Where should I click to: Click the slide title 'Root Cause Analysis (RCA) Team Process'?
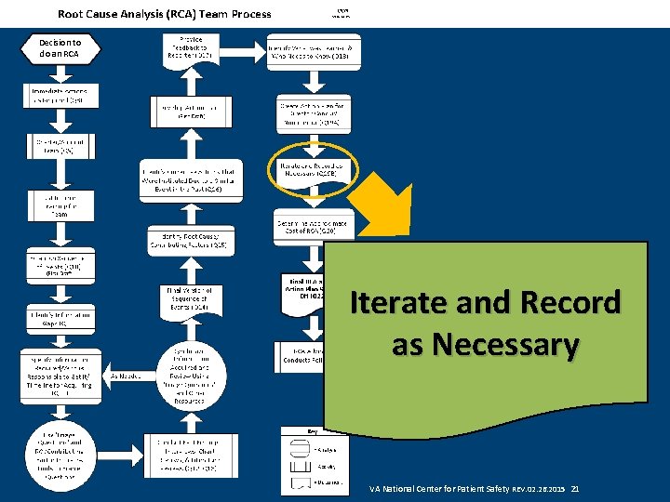coord(165,14)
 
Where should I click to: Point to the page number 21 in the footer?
coord(575,488)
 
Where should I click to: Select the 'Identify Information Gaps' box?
coord(60,319)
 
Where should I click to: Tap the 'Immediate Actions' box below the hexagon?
coord(60,97)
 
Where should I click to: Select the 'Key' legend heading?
coord(312,431)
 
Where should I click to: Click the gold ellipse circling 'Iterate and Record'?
coord(312,169)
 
